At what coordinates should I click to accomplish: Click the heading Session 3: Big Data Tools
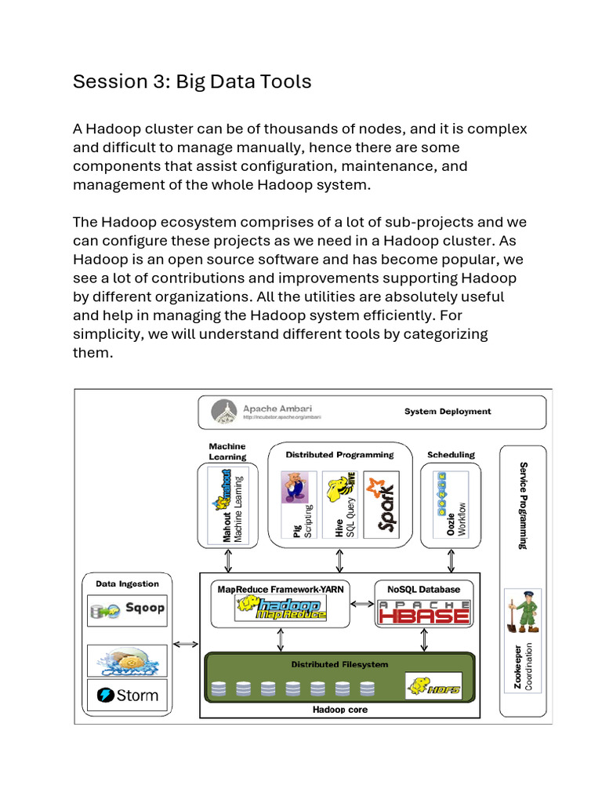click(192, 82)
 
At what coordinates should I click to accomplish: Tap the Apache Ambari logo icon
click(225, 412)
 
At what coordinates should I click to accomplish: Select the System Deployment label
click(448, 412)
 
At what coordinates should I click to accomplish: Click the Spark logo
click(382, 505)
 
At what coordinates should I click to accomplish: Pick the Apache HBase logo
click(424, 612)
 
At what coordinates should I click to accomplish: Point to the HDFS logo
click(427, 686)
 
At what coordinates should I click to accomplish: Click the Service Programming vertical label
click(523, 505)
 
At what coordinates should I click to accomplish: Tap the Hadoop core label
click(339, 710)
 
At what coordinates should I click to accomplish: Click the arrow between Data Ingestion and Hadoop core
click(185, 645)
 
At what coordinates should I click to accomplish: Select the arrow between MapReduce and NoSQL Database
click(361, 604)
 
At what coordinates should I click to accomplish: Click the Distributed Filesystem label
click(339, 664)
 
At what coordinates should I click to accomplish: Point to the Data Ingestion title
click(127, 583)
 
